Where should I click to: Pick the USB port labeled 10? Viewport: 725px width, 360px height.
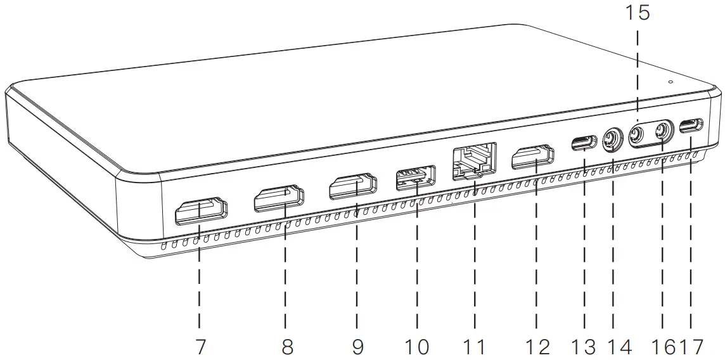(x=416, y=177)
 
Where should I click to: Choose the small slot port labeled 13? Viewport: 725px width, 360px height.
(x=584, y=142)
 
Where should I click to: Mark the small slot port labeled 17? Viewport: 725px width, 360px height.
(x=691, y=125)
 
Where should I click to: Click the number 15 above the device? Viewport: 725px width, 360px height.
(x=638, y=12)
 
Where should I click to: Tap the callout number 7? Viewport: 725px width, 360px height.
(x=200, y=346)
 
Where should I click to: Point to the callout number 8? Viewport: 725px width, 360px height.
(x=287, y=346)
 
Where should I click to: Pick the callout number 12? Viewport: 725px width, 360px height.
(x=537, y=346)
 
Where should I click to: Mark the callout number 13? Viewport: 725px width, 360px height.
(x=582, y=346)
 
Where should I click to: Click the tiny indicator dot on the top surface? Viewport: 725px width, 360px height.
(x=670, y=81)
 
